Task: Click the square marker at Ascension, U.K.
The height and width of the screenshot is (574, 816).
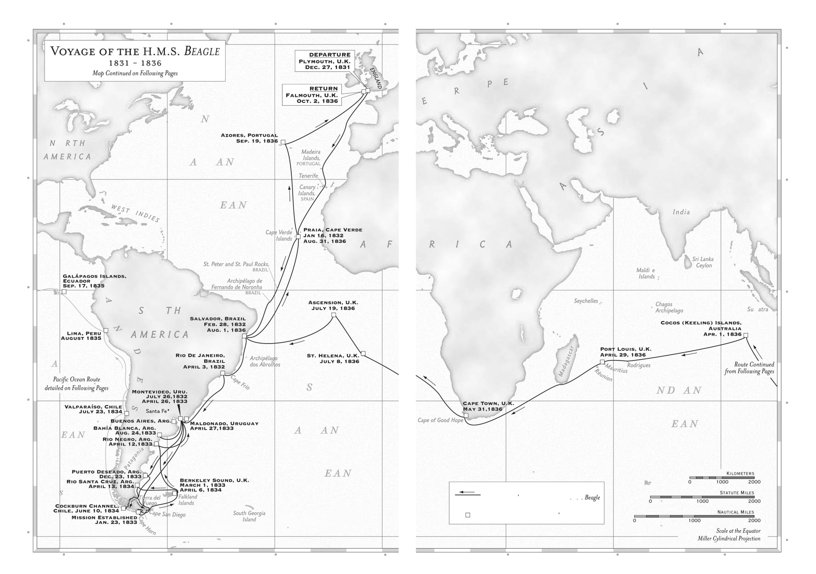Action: pos(333,315)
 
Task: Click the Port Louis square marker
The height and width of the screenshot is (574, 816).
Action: pos(602,362)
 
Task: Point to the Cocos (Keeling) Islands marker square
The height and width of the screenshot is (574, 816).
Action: pos(746,335)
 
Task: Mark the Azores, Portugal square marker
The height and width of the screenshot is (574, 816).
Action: pos(283,142)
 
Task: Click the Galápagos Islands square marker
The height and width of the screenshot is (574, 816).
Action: pos(64,291)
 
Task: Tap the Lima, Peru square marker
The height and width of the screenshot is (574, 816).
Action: pos(106,331)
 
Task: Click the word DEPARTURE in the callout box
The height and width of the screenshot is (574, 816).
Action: pos(329,55)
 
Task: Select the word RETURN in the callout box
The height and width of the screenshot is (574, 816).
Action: pos(323,88)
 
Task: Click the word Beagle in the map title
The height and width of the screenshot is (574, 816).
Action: pos(202,51)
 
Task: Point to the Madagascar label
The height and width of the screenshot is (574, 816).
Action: pos(566,361)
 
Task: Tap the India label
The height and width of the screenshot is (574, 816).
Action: pos(681,212)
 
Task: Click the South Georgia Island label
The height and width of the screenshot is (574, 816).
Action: pos(249,516)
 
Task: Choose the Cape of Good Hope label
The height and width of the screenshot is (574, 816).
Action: pos(440,420)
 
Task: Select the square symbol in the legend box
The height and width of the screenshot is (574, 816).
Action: pos(468,515)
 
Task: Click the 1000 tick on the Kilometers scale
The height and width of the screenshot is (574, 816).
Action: pos(722,482)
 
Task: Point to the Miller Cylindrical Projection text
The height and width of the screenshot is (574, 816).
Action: pos(728,538)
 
